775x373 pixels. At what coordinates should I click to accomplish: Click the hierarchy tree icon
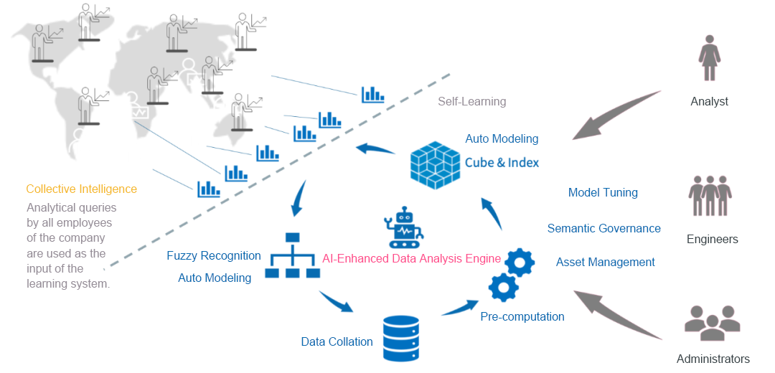pyautogui.click(x=292, y=255)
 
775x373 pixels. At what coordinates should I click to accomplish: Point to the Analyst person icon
pyautogui.click(x=709, y=60)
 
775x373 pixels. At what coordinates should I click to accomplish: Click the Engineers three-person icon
pyautogui.click(x=710, y=195)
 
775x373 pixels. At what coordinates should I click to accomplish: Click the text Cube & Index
pyautogui.click(x=502, y=163)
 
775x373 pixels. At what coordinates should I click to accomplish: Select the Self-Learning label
pyautogui.click(x=471, y=101)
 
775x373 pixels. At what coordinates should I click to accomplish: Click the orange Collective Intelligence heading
pyautogui.click(x=81, y=189)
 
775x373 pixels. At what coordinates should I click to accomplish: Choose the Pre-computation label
pyautogui.click(x=522, y=316)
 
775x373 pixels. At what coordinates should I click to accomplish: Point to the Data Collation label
pyautogui.click(x=337, y=342)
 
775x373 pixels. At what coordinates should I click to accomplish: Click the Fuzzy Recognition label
pyautogui.click(x=213, y=255)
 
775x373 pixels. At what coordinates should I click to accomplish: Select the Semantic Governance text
pyautogui.click(x=603, y=229)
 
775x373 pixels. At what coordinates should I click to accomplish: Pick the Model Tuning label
pyautogui.click(x=603, y=193)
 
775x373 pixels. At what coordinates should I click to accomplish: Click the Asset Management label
pyautogui.click(x=605, y=263)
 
